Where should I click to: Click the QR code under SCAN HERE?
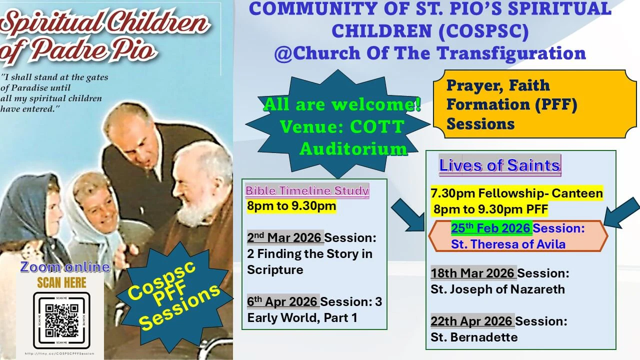coord(61,320)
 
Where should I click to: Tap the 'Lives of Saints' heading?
coord(499,165)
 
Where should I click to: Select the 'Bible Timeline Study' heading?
coord(307,190)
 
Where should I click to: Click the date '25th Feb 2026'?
coord(491,228)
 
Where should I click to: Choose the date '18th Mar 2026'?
coord(473,273)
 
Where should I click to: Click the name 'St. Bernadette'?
coord(474,337)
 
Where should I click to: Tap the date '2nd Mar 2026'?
coord(285,237)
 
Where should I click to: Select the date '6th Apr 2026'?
coord(283,301)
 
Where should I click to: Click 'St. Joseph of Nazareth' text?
coord(497,289)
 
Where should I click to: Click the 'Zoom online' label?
coord(65,267)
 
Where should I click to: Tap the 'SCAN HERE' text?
coord(61,282)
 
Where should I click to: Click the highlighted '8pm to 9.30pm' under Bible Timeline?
coord(291,206)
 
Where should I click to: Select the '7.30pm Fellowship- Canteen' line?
coord(516,193)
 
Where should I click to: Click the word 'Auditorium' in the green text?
coord(353,148)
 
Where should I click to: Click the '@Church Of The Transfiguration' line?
coord(429,53)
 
